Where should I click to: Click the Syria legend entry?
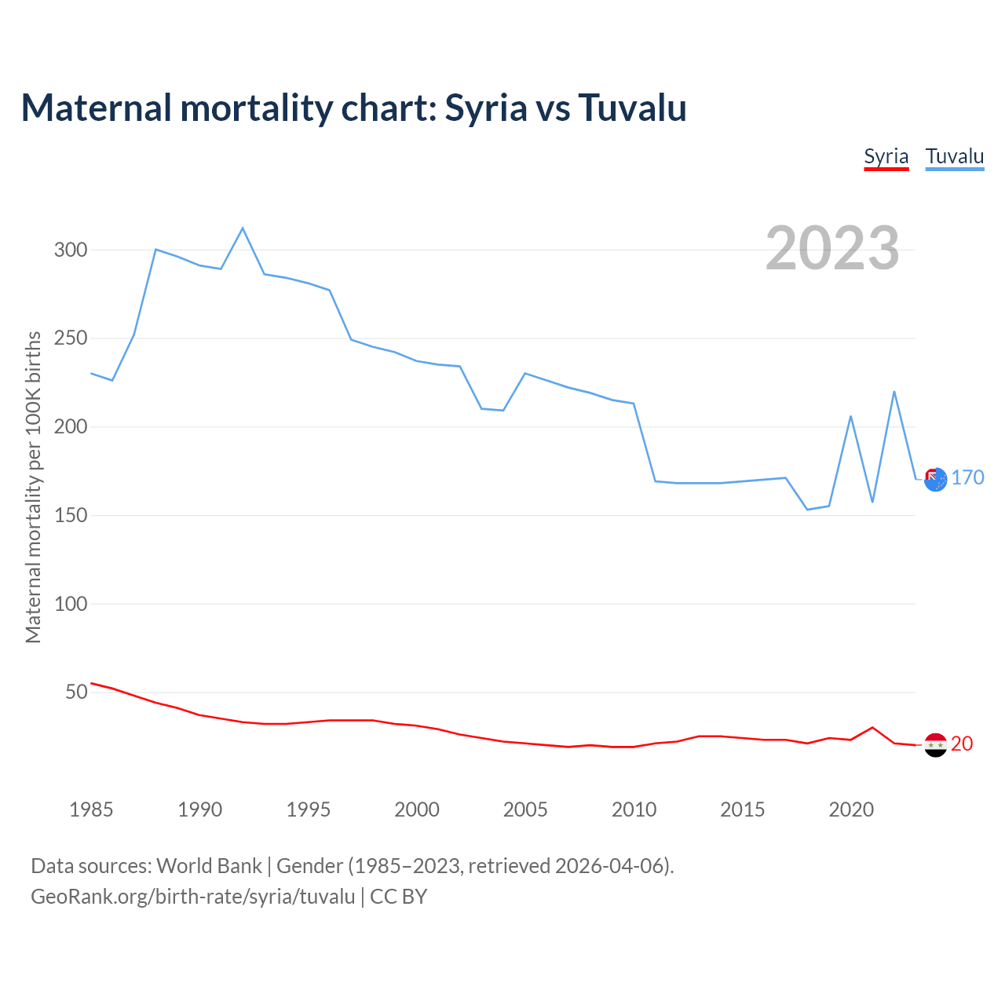click(886, 156)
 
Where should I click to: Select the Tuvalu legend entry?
click(954, 156)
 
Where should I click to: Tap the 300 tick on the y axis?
click(71, 250)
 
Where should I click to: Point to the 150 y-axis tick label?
click(71, 516)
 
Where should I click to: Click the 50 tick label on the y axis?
click(76, 693)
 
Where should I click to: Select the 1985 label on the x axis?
click(91, 809)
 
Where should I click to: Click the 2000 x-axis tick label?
click(417, 809)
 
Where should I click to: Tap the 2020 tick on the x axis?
click(851, 809)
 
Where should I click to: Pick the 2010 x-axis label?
click(634, 809)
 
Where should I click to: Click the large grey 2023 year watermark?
click(832, 248)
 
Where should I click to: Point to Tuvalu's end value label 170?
click(967, 477)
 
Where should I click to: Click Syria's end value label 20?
click(962, 744)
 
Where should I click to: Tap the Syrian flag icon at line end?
click(935, 744)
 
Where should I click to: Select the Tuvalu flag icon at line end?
click(935, 479)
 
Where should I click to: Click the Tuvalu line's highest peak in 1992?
click(243, 228)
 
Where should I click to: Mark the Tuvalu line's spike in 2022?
click(894, 392)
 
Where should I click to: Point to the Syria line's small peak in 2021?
click(872, 728)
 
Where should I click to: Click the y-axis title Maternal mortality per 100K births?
click(33, 487)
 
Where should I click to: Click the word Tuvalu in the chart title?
click(632, 108)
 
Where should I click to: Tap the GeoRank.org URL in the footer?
click(192, 897)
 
